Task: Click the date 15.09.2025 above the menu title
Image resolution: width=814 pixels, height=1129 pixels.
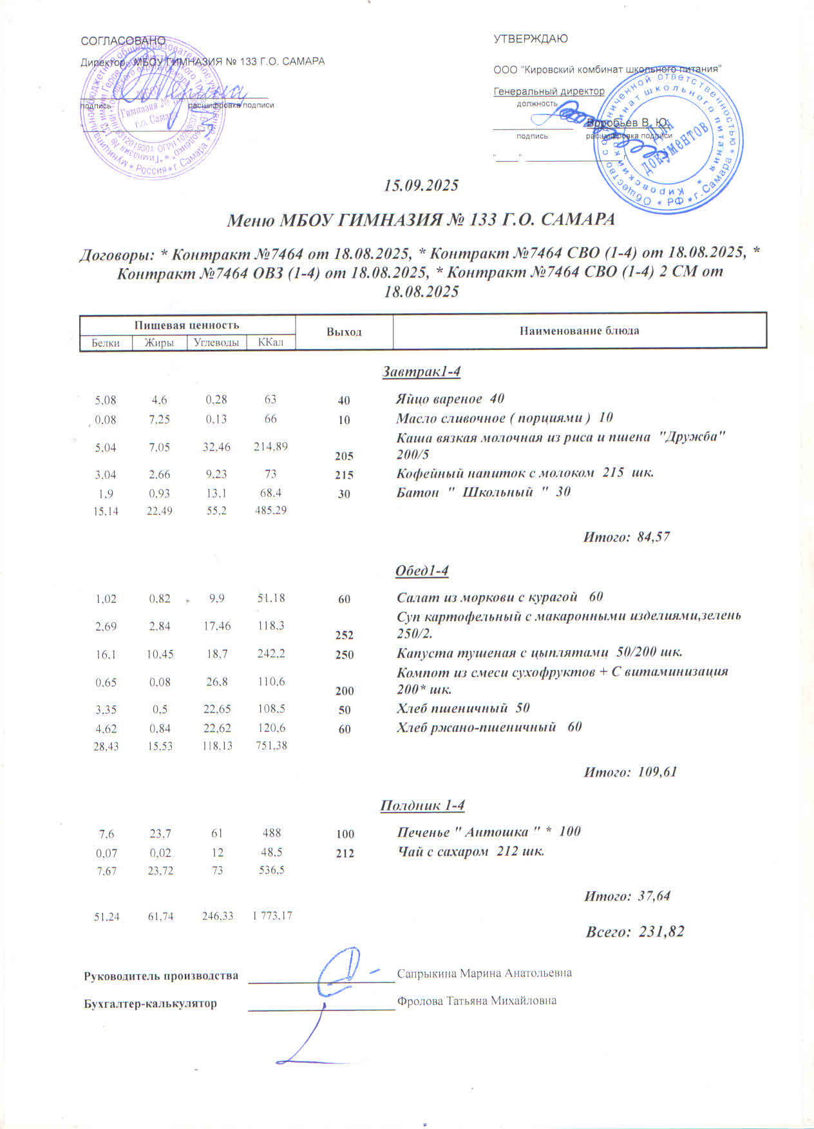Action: point(421,186)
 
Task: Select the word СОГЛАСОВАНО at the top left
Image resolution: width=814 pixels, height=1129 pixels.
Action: point(123,41)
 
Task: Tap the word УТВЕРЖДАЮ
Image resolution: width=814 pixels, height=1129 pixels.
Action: point(531,39)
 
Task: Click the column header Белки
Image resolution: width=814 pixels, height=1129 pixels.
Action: point(106,343)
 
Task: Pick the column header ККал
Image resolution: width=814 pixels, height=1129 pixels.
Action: point(270,342)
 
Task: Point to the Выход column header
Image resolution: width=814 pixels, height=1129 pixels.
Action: point(344,332)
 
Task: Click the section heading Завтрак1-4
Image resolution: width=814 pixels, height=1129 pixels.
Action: point(421,372)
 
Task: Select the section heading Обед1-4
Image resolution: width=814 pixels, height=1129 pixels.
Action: point(421,571)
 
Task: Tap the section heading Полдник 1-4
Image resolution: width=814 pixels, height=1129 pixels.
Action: point(422,806)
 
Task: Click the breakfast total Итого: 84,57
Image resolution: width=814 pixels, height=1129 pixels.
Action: point(627,536)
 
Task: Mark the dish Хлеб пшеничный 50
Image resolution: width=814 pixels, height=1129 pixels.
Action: point(463,708)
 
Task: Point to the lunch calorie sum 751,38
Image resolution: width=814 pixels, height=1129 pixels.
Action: point(270,746)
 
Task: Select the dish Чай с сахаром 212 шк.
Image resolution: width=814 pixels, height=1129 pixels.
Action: point(471,851)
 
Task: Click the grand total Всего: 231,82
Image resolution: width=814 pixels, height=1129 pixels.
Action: point(634,932)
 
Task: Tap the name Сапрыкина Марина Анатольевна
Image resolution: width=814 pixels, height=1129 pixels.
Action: point(484,973)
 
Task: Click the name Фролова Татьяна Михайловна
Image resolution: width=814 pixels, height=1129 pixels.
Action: point(477,1001)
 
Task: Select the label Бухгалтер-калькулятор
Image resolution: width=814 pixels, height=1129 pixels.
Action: point(151,1004)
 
